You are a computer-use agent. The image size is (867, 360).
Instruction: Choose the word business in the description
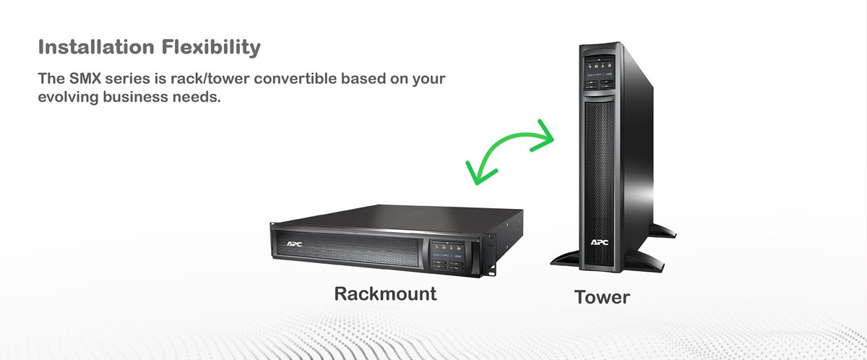(137, 96)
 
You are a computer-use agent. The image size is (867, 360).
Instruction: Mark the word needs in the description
(196, 96)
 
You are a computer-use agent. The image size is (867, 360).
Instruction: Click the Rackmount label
(385, 294)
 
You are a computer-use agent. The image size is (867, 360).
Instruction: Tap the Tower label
(602, 297)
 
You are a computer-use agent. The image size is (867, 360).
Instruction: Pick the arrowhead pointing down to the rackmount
(478, 171)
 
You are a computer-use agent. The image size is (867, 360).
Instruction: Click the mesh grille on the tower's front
(599, 159)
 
